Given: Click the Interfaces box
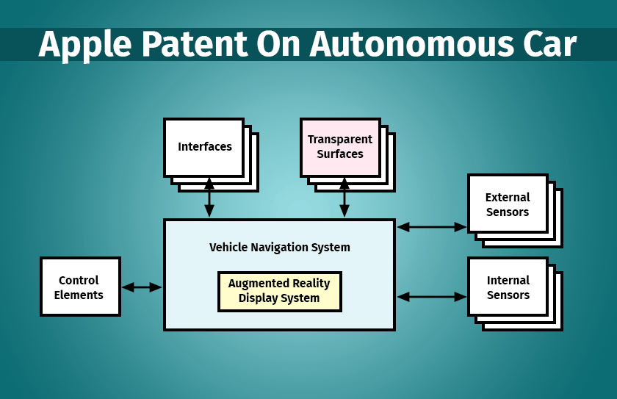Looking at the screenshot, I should click(x=204, y=147).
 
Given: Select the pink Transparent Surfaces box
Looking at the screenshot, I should click(x=340, y=147).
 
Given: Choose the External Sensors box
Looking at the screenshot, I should click(x=508, y=204).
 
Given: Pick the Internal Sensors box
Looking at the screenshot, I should click(x=508, y=287).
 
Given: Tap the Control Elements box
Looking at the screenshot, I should click(x=79, y=287).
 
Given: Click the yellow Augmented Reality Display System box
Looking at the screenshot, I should click(x=279, y=291).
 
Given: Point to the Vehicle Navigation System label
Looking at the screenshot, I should click(x=279, y=248).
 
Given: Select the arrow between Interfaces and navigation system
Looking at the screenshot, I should click(x=209, y=197).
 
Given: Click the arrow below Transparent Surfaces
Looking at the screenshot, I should click(x=344, y=197).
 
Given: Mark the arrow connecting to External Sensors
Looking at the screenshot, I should click(x=432, y=227).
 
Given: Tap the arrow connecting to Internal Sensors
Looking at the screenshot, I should click(x=432, y=297).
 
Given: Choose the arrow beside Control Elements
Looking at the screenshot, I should click(x=142, y=287).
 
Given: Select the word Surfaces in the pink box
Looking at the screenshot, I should click(x=340, y=154).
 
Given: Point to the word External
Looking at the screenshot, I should click(x=508, y=197).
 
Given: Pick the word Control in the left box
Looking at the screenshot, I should click(x=79, y=280).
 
